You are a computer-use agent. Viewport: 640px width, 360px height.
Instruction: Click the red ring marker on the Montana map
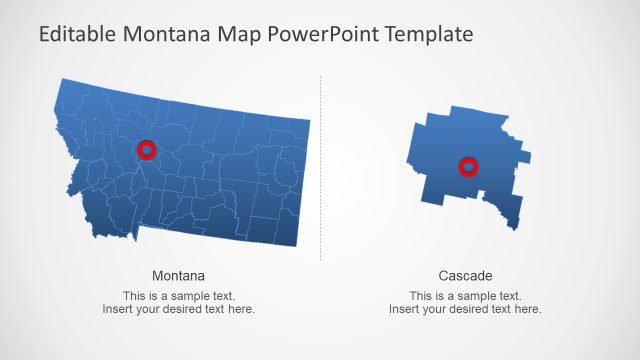(147, 150)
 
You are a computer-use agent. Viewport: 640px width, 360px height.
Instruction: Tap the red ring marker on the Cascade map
(468, 166)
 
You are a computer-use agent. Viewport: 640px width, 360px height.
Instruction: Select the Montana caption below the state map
(179, 275)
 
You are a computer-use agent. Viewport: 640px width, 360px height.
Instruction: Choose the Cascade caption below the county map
(465, 275)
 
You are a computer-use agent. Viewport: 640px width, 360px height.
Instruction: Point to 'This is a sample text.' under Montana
(179, 296)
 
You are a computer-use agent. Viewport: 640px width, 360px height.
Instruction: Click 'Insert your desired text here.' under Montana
(179, 309)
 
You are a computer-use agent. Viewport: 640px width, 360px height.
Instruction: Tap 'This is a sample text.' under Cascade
(465, 296)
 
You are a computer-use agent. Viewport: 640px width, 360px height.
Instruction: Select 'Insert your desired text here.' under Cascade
(465, 309)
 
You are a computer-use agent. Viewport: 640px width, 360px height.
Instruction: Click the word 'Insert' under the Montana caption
(118, 309)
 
